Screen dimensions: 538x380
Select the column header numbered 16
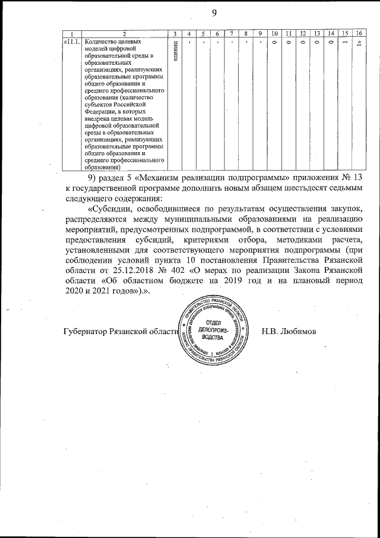(x=358, y=33)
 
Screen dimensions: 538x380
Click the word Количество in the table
(x=103, y=42)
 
